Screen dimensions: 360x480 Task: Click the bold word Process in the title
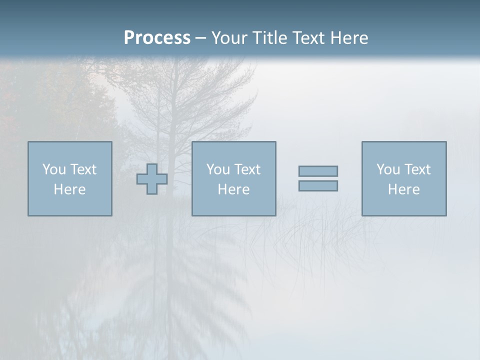[x=157, y=38]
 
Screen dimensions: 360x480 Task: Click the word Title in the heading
[x=269, y=38]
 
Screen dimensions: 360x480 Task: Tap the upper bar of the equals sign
[x=318, y=171]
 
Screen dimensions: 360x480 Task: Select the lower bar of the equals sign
[x=318, y=185]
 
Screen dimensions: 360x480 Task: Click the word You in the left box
[x=53, y=169]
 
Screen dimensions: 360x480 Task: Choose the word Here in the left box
[x=69, y=189]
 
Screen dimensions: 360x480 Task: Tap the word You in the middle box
[x=217, y=169]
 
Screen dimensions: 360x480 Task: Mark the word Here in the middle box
[x=233, y=189]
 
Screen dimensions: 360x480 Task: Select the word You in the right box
[x=387, y=169]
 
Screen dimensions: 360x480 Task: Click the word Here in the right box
[x=403, y=189]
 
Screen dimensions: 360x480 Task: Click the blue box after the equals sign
[x=404, y=205]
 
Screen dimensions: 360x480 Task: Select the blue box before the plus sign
[x=70, y=205]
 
